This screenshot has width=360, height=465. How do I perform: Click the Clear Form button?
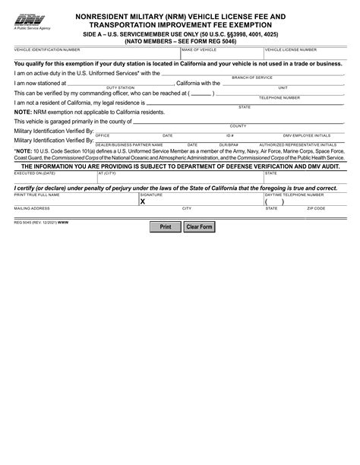(199, 226)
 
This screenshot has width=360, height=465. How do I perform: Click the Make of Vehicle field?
(216, 55)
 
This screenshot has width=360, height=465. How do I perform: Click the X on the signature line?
(142, 202)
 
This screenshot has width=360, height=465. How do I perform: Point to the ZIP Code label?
(316, 208)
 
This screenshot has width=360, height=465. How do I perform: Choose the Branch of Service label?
(252, 77)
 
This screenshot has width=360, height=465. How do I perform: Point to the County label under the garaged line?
(238, 125)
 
